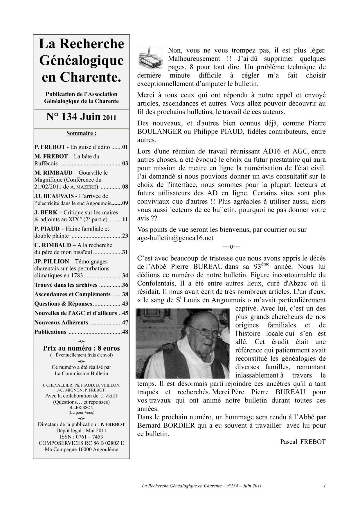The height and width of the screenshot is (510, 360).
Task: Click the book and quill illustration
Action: (x=151, y=57)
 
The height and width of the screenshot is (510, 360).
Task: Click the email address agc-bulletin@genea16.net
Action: (x=175, y=238)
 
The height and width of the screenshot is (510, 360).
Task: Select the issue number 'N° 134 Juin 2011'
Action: (x=81, y=117)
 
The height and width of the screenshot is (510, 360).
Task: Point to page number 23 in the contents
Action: (x=125, y=236)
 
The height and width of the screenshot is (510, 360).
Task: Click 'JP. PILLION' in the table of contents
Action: (x=52, y=261)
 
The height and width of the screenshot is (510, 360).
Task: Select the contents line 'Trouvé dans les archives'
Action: (x=66, y=285)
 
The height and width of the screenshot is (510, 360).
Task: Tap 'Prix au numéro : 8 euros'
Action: (x=81, y=348)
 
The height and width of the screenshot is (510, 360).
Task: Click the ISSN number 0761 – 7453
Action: (x=81, y=437)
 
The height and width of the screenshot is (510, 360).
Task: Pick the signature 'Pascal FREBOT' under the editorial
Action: (x=303, y=442)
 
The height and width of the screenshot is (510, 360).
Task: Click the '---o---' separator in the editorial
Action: (x=231, y=247)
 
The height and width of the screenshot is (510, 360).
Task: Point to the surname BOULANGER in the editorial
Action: (x=159, y=131)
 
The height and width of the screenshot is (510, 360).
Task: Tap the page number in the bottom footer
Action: (x=324, y=486)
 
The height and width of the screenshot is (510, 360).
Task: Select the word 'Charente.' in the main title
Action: (x=81, y=77)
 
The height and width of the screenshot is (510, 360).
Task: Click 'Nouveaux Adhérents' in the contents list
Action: (x=61, y=322)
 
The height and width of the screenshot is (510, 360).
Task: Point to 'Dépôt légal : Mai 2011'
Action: (x=81, y=431)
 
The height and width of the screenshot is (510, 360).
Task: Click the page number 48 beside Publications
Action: (x=125, y=332)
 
